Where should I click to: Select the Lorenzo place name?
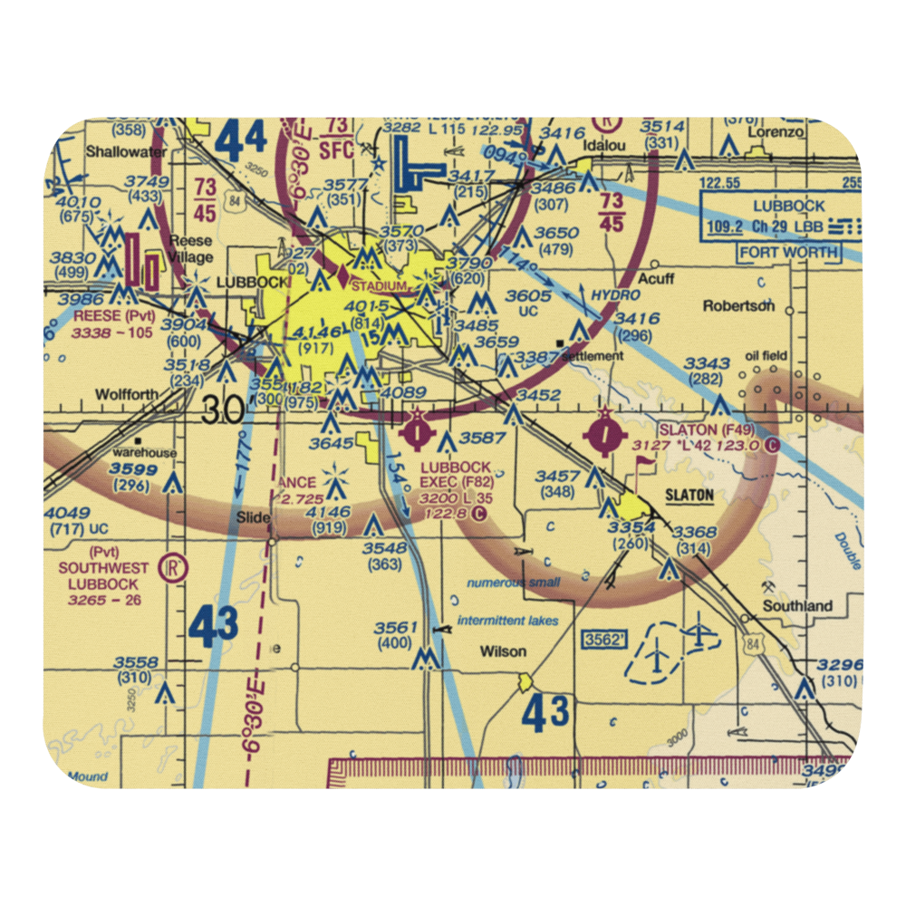pos(776,131)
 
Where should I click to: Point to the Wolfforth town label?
pos(126,394)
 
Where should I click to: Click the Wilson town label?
pos(503,651)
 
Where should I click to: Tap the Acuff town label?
pos(655,278)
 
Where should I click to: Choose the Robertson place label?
pos(738,306)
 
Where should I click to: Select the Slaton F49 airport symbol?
pos(605,431)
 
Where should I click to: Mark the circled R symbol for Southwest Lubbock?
pos(172,568)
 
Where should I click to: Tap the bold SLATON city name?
pos(689,496)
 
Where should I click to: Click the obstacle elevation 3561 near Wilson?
pos(400,628)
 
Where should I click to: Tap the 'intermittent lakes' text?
pos(507,621)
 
